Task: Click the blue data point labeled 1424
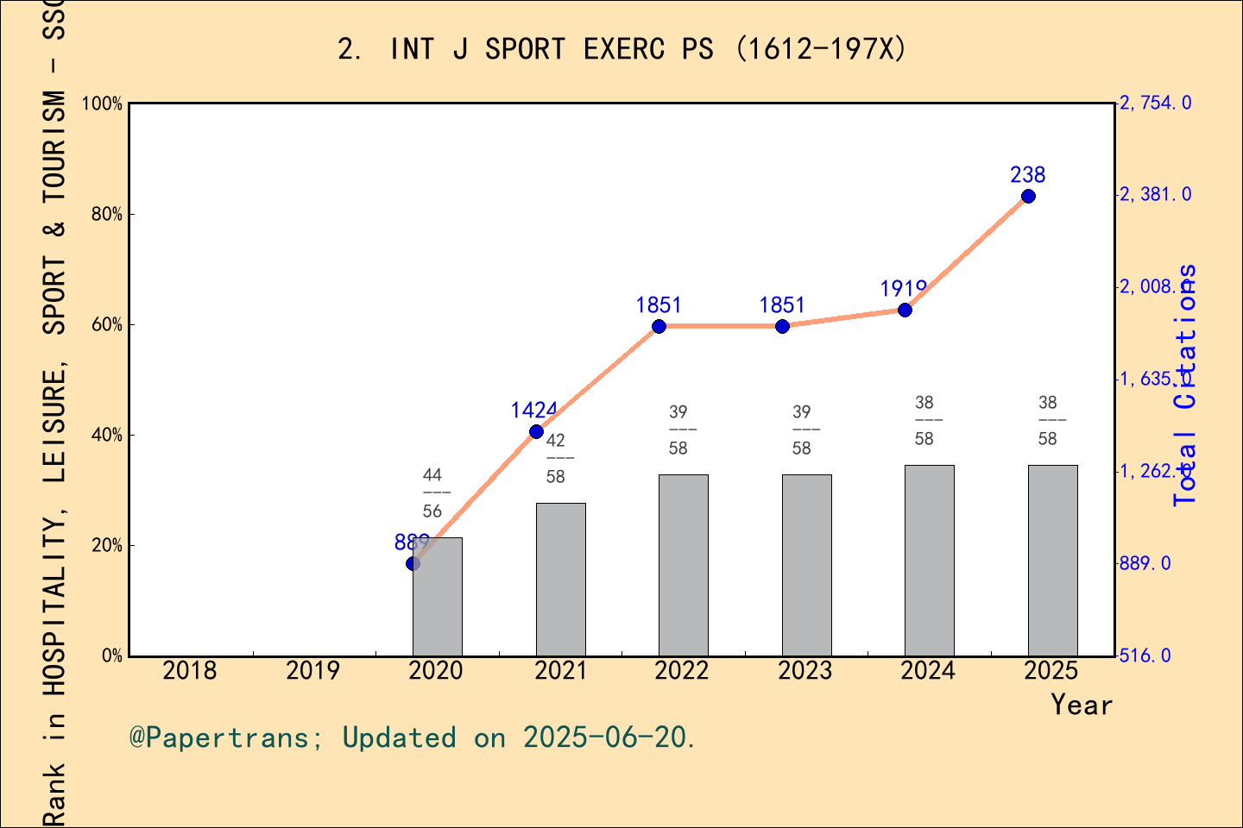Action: point(536,431)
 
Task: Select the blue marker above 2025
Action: point(1028,197)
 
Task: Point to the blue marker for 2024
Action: point(905,310)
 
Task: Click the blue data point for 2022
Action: point(659,326)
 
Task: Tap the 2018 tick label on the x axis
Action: point(190,671)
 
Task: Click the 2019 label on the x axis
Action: point(312,671)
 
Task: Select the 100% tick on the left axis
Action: point(103,103)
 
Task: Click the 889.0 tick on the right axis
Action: point(1145,563)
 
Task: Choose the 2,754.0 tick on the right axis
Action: point(1156,103)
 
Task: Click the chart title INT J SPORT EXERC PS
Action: point(621,49)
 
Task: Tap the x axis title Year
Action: point(1082,706)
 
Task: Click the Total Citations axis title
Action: point(1186,384)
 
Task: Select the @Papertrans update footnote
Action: point(413,738)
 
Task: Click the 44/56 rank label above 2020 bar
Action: point(432,492)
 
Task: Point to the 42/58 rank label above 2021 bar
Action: point(556,458)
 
